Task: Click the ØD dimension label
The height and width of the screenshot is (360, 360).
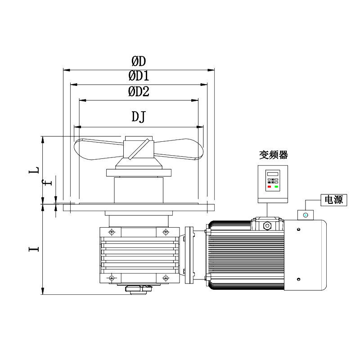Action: [x=139, y=61]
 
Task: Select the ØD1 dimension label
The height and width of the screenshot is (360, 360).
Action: [x=139, y=76]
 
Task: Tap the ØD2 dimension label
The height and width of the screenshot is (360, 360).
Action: [x=139, y=91]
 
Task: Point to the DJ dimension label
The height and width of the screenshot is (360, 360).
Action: [x=139, y=117]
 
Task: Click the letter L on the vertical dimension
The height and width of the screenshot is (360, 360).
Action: [x=34, y=171]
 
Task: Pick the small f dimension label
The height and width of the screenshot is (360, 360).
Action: [x=47, y=183]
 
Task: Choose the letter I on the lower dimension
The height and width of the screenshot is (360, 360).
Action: [x=34, y=249]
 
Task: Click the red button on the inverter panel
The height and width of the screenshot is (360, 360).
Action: [x=269, y=187]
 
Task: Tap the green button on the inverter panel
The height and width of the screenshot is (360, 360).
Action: [x=276, y=187]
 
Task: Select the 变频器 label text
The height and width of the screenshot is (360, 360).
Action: [x=274, y=155]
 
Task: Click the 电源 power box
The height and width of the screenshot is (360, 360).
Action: [x=334, y=200]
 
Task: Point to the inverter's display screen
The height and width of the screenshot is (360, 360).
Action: [x=273, y=174]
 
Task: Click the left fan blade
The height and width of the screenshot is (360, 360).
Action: [x=99, y=149]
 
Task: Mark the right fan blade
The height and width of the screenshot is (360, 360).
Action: [x=179, y=149]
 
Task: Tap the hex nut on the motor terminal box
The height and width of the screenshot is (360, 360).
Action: [x=267, y=226]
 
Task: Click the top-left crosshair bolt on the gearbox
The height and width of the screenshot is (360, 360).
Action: [x=112, y=232]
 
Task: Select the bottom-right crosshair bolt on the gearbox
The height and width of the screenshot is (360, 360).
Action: [x=166, y=278]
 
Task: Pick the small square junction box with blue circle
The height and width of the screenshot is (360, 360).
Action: [x=306, y=215]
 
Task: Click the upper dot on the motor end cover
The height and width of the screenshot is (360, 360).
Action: [x=298, y=229]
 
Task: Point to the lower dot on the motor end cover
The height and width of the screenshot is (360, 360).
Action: [x=298, y=279]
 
